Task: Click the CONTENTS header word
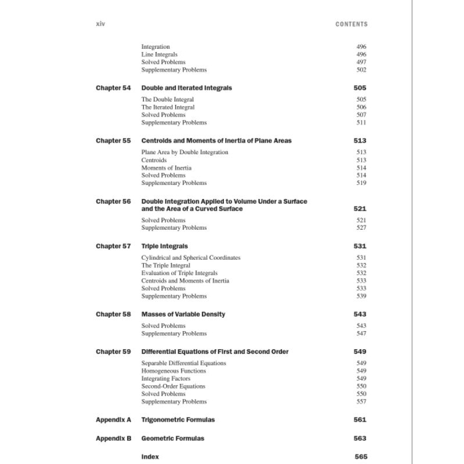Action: pyautogui.click(x=351, y=24)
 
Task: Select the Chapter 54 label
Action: pyautogui.click(x=113, y=88)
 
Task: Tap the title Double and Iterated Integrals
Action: pyautogui.click(x=186, y=88)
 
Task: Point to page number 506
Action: pyautogui.click(x=361, y=107)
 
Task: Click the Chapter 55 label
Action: pyautogui.click(x=113, y=141)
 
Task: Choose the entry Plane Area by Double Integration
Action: pyautogui.click(x=184, y=153)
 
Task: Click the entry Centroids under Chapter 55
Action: pyautogui.click(x=154, y=160)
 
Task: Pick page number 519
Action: pyautogui.click(x=361, y=183)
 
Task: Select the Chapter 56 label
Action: pyautogui.click(x=113, y=201)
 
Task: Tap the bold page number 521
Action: pyautogui.click(x=360, y=209)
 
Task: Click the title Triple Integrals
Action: pyautogui.click(x=165, y=246)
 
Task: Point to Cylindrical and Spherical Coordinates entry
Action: pyautogui.click(x=191, y=258)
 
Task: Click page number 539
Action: pyautogui.click(x=361, y=296)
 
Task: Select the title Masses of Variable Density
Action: pyautogui.click(x=183, y=314)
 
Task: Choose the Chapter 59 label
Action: pyautogui.click(x=113, y=352)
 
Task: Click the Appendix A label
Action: pyautogui.click(x=114, y=420)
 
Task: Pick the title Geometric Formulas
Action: pyautogui.click(x=173, y=438)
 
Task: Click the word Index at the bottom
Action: pyautogui.click(x=150, y=457)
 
